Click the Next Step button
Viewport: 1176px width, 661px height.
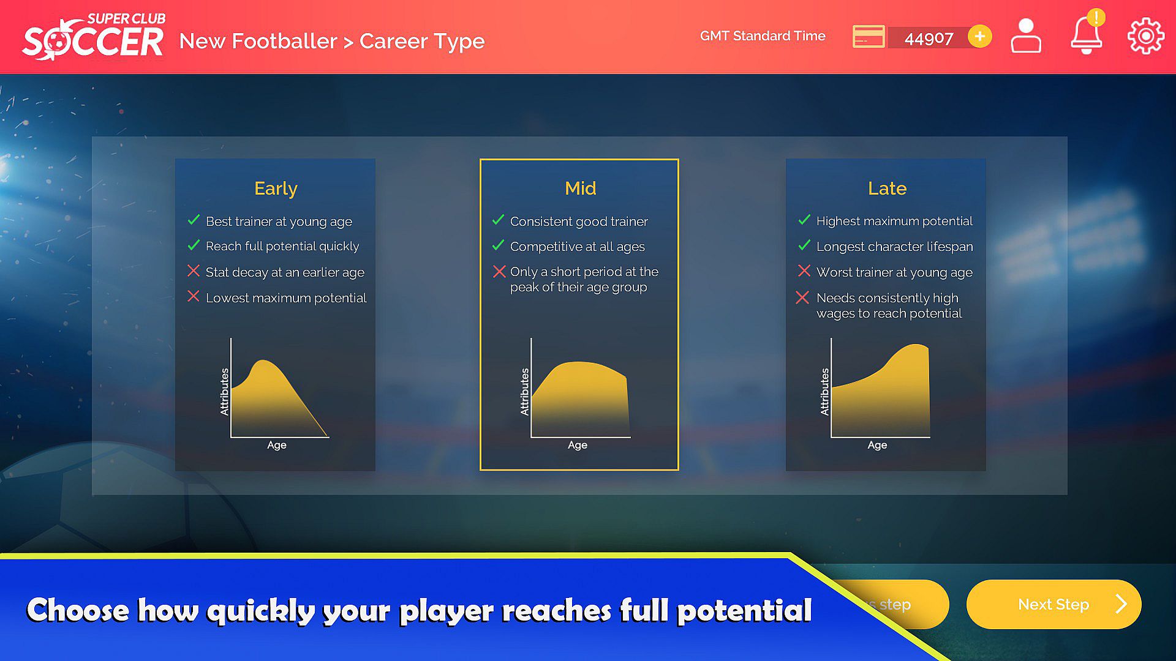pyautogui.click(x=1053, y=604)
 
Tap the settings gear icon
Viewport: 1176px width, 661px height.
pyautogui.click(x=1145, y=36)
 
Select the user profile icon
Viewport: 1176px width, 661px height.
pyautogui.click(x=1026, y=35)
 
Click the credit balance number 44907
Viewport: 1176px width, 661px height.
pyautogui.click(x=929, y=39)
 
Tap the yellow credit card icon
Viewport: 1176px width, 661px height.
pyautogui.click(x=869, y=37)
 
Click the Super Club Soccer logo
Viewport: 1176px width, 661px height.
pyautogui.click(x=94, y=37)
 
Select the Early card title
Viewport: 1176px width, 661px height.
pyautogui.click(x=276, y=189)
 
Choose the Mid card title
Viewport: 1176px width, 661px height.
pyautogui.click(x=580, y=188)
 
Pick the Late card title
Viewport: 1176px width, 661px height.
pyautogui.click(x=887, y=188)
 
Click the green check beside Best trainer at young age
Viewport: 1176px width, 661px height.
pyautogui.click(x=194, y=220)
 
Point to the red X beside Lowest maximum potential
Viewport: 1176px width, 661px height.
pyautogui.click(x=194, y=296)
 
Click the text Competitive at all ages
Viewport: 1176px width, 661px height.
pyautogui.click(x=577, y=247)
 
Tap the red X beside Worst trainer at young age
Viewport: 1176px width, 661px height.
pyautogui.click(x=804, y=271)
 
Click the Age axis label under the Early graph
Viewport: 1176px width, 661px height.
pyautogui.click(x=276, y=445)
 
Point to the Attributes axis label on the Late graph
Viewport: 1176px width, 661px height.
pyautogui.click(x=824, y=392)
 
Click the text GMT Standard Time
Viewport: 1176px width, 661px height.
pyautogui.click(x=763, y=36)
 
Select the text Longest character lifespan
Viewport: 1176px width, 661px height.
pyautogui.click(x=894, y=247)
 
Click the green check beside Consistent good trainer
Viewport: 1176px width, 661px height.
pyautogui.click(x=498, y=220)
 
